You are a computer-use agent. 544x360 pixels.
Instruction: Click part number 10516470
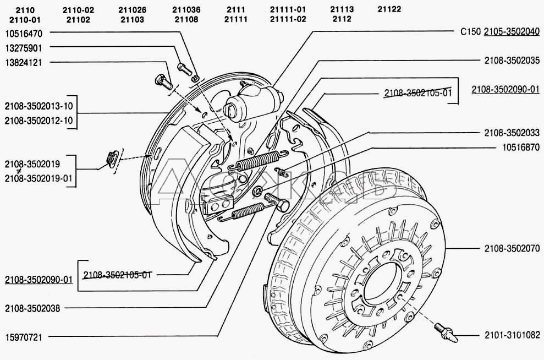(x=24, y=34)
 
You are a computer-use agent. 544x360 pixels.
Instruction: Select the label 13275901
(x=24, y=48)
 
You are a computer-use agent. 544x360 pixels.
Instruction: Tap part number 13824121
(x=24, y=63)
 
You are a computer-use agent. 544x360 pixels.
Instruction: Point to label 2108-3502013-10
(x=39, y=106)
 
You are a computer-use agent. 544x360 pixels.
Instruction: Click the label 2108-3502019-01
(x=39, y=178)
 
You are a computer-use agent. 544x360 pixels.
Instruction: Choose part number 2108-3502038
(x=32, y=308)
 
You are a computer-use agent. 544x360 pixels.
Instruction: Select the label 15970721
(x=24, y=337)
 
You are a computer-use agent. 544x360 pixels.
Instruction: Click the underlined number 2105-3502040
(x=512, y=31)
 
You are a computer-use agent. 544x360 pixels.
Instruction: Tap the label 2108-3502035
(x=512, y=61)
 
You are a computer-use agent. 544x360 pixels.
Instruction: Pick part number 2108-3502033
(x=512, y=132)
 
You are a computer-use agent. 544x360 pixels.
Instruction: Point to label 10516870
(x=521, y=147)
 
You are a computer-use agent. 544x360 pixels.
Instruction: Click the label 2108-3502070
(x=512, y=248)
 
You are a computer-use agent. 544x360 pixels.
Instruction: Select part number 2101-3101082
(x=512, y=335)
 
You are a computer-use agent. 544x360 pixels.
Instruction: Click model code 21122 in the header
(x=389, y=9)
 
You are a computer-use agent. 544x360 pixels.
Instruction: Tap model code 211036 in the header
(x=186, y=10)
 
